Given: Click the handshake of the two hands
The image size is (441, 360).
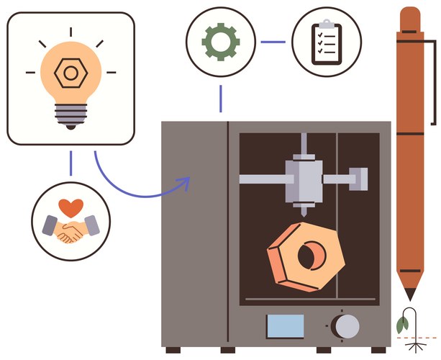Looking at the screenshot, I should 70,232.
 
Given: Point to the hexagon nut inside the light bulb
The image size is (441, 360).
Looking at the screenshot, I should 70,73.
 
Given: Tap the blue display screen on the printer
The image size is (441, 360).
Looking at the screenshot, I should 285,326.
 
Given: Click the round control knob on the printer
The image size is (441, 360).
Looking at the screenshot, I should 347,326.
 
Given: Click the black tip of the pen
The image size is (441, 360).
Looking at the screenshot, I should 409,293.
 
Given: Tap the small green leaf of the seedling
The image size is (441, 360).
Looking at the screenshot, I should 400,325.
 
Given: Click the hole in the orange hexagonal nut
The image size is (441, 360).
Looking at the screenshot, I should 311,253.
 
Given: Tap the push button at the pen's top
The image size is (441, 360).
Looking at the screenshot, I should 409,17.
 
